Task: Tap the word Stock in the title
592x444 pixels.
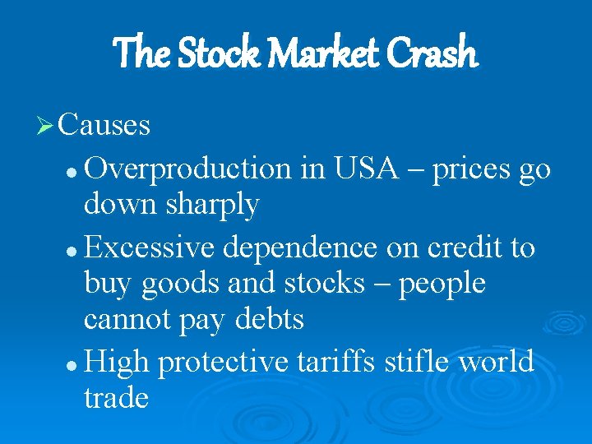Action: [x=215, y=53]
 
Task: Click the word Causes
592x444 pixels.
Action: [x=104, y=125]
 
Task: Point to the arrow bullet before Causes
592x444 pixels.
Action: [x=46, y=126]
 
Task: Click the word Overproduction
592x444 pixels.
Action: [x=188, y=169]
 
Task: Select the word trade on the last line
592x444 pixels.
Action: [x=116, y=398]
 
